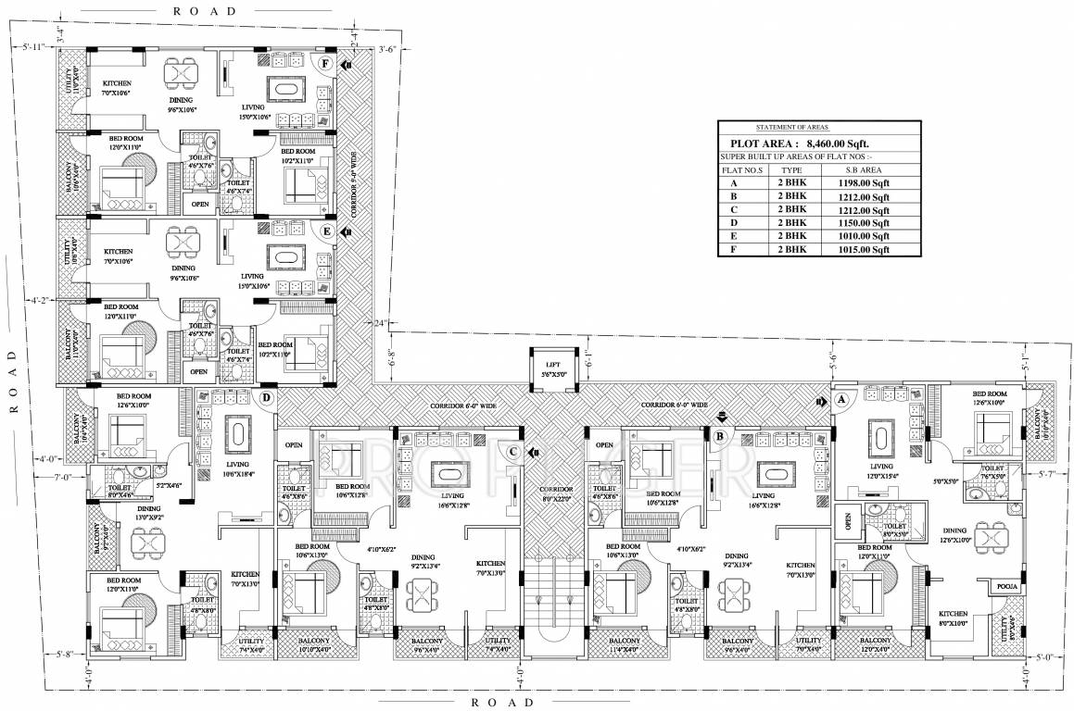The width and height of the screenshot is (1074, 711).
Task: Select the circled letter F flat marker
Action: point(324,64)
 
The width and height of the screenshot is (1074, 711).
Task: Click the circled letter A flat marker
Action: point(842,400)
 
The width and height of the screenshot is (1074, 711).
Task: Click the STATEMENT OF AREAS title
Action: point(792,127)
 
